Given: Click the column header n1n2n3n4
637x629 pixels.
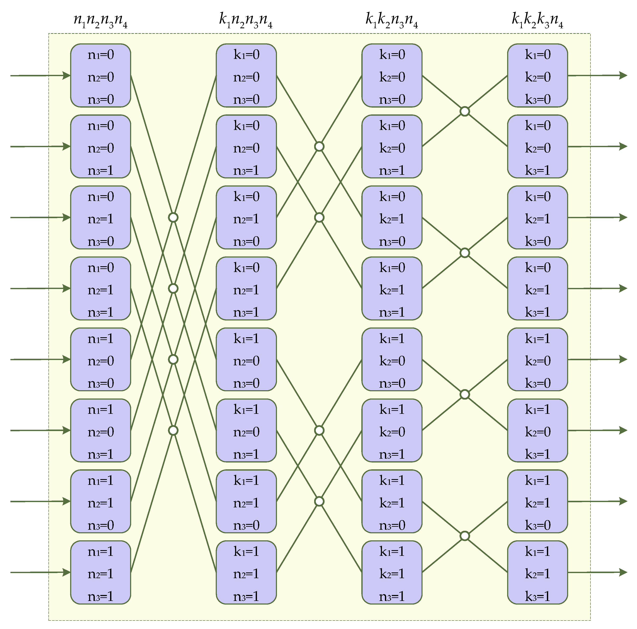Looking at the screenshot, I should click(101, 20).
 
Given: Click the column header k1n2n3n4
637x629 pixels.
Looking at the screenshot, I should click(246, 20).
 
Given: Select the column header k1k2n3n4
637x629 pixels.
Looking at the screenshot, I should click(392, 20).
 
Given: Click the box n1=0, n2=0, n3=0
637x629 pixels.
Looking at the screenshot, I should click(101, 75).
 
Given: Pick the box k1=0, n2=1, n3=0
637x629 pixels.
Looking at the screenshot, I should click(246, 217).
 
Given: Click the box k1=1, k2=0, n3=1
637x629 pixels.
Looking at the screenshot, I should click(392, 430).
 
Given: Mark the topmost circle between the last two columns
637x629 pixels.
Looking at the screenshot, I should click(465, 111).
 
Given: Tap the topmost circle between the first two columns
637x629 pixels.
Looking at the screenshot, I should click(173, 217).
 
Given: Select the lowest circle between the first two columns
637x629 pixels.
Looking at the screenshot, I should click(173, 430).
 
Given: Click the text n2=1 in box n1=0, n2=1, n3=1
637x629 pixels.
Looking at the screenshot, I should click(101, 290).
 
